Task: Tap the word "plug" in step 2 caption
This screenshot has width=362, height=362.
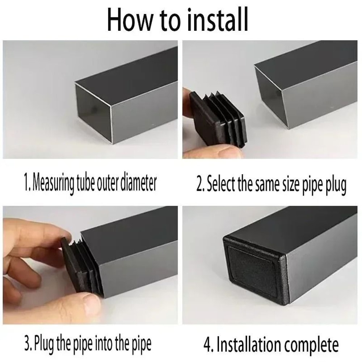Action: click(334, 185)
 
